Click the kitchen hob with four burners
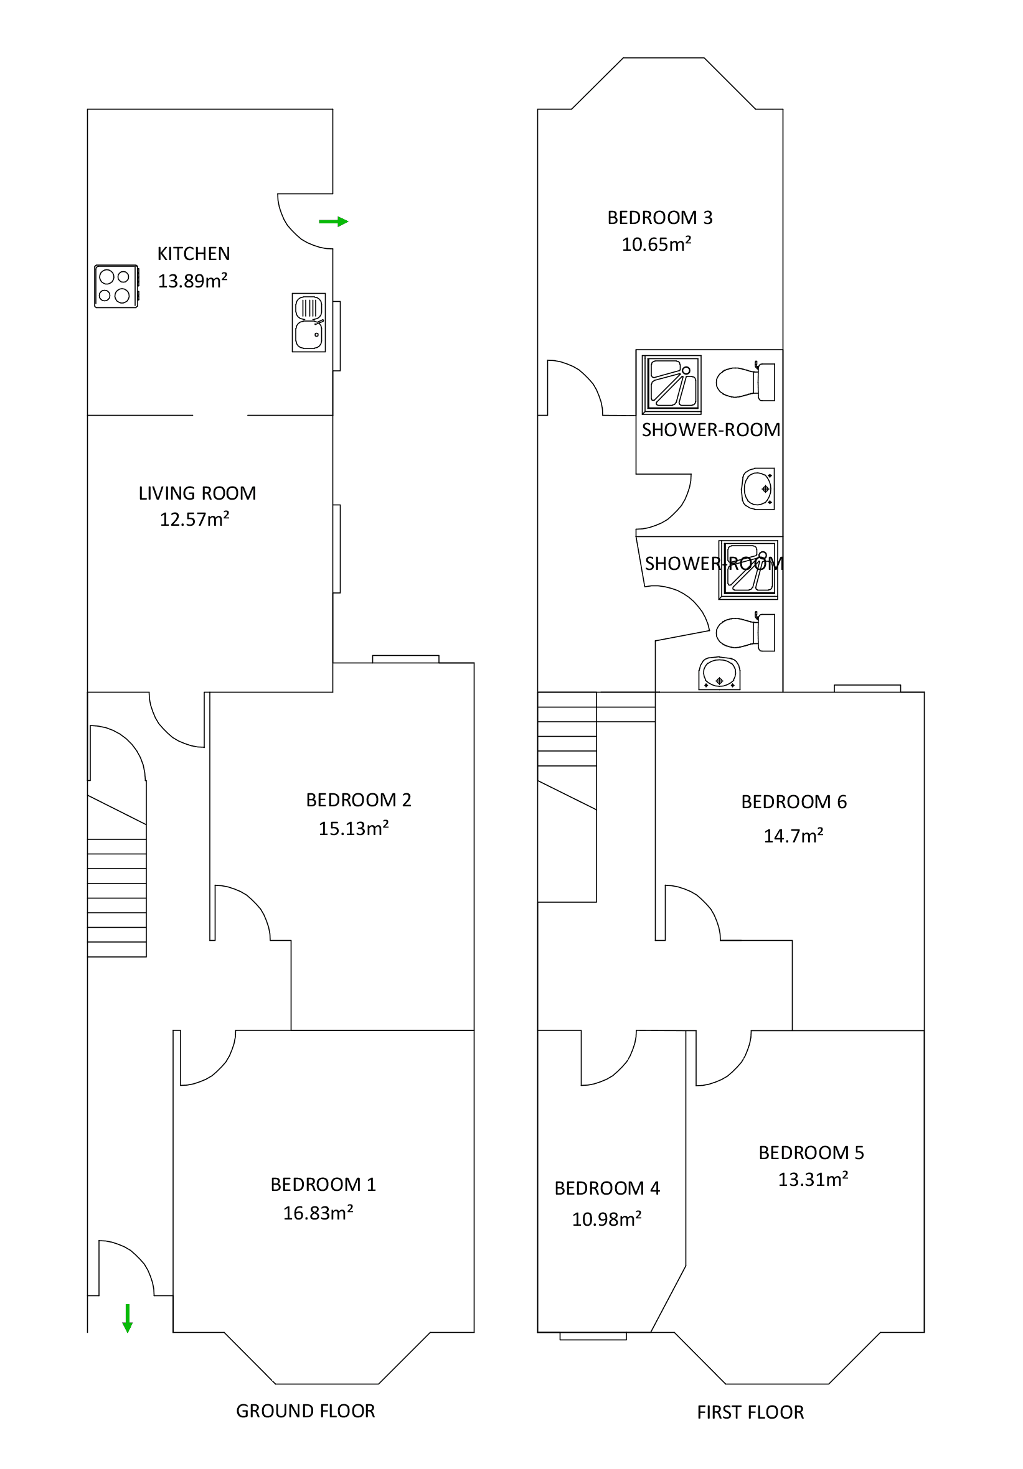116,286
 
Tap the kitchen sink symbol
309,322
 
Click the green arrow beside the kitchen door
333,222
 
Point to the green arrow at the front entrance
128,1318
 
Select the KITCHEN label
194,254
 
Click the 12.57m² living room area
194,520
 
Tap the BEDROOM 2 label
358,800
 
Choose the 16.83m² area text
318,1213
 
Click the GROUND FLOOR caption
305,1411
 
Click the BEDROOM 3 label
659,218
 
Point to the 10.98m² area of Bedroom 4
606,1220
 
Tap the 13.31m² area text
813,1180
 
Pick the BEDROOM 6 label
793,803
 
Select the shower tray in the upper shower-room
672,385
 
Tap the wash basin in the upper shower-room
757,489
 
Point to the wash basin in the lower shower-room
719,674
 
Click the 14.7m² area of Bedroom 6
793,836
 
